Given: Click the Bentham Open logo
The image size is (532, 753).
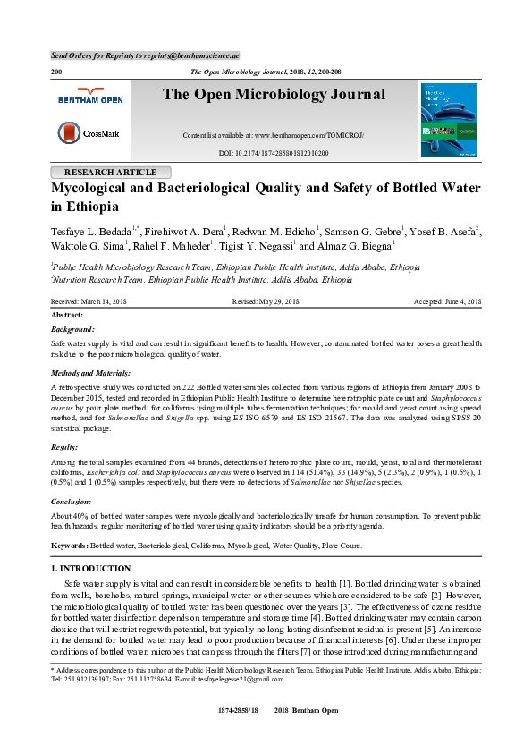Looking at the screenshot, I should (89, 96).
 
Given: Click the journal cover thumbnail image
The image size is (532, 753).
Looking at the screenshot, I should (449, 120).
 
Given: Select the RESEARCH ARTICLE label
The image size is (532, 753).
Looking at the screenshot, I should (112, 172).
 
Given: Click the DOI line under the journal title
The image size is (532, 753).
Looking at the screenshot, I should (274, 153).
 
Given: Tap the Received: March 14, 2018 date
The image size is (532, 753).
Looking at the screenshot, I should (89, 302).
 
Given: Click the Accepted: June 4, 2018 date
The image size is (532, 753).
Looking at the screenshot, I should (447, 302).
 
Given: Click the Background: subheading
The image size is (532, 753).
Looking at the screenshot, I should (72, 329).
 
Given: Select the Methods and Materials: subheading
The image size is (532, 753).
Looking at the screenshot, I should (90, 371).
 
